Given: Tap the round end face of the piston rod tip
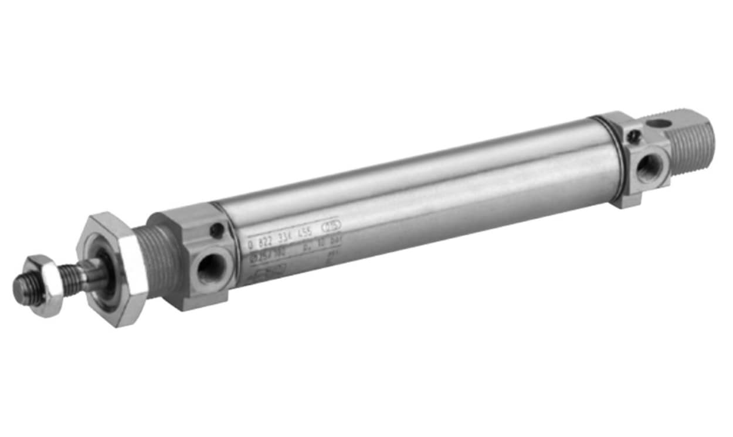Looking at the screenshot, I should (x=22, y=290).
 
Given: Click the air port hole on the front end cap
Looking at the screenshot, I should (x=209, y=268).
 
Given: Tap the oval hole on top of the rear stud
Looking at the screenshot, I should (x=660, y=124).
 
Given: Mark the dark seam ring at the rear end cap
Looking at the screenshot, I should (x=609, y=157).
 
